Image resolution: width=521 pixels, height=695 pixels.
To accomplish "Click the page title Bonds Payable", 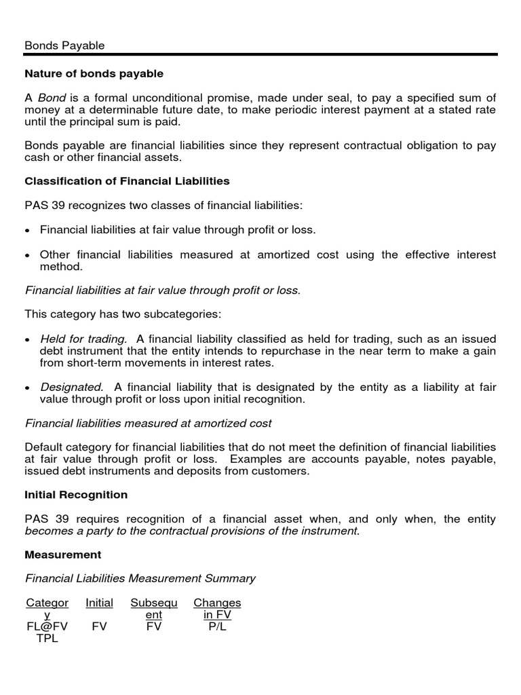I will [x=64, y=45].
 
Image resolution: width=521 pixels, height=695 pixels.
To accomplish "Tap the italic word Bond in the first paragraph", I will [x=51, y=98].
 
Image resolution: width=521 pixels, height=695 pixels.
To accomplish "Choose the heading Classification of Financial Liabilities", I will [x=127, y=181].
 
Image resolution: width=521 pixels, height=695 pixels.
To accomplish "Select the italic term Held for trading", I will [x=83, y=339].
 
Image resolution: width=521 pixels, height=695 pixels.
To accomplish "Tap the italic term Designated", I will [x=72, y=388].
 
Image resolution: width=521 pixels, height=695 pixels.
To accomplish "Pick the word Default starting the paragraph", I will [x=44, y=447].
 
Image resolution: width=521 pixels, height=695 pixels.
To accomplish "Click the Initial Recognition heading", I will [x=76, y=495].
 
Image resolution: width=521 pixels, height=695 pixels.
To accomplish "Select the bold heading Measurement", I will [x=63, y=555].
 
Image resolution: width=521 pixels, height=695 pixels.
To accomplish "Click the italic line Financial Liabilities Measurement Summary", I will [x=140, y=578].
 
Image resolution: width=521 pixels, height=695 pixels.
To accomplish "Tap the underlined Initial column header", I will [x=99, y=603].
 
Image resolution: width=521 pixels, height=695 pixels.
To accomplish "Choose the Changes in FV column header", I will [x=217, y=609].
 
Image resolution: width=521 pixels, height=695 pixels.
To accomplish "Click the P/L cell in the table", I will [x=217, y=627].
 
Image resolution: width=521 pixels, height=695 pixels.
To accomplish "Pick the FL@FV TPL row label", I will [x=47, y=633].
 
